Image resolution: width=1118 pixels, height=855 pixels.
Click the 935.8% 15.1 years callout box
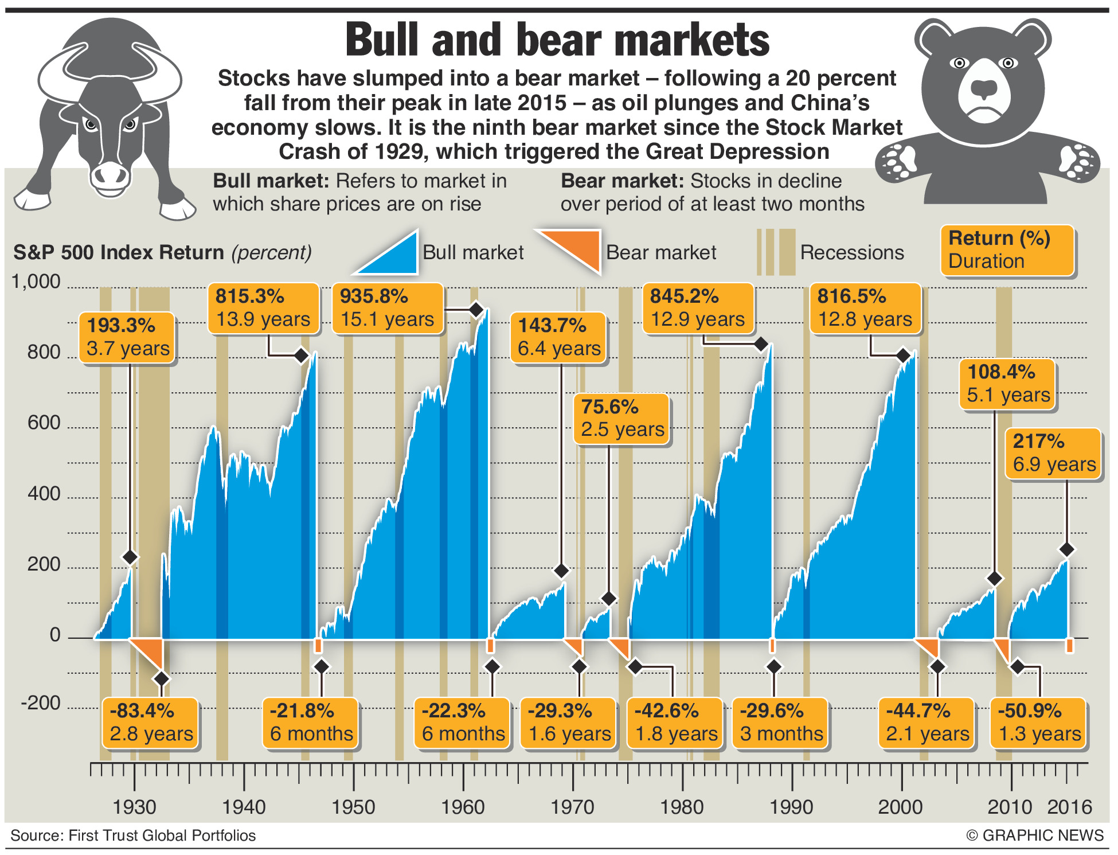(388, 308)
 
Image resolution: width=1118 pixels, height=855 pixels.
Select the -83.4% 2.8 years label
(150, 723)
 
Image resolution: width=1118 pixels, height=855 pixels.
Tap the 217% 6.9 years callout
(1053, 453)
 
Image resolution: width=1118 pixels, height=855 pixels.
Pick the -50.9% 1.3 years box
(1039, 723)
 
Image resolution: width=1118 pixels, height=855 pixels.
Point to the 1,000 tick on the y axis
(36, 282)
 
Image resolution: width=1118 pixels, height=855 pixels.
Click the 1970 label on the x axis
(572, 807)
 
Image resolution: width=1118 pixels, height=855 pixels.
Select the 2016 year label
(1069, 807)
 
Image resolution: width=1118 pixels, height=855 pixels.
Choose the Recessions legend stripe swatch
(776, 252)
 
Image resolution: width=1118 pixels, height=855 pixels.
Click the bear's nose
(985, 89)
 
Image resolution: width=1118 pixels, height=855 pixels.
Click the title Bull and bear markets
(557, 40)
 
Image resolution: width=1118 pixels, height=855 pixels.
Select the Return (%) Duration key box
(1007, 250)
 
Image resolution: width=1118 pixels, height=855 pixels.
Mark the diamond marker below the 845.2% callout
(761, 344)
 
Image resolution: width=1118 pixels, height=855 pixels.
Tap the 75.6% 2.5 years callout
(621, 419)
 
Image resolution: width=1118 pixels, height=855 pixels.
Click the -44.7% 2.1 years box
(927, 723)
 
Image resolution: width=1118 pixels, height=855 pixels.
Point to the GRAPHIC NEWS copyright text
(1035, 835)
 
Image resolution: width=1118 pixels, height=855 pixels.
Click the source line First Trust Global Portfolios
(133, 836)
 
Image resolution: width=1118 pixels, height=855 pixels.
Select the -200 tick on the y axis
(41, 703)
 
